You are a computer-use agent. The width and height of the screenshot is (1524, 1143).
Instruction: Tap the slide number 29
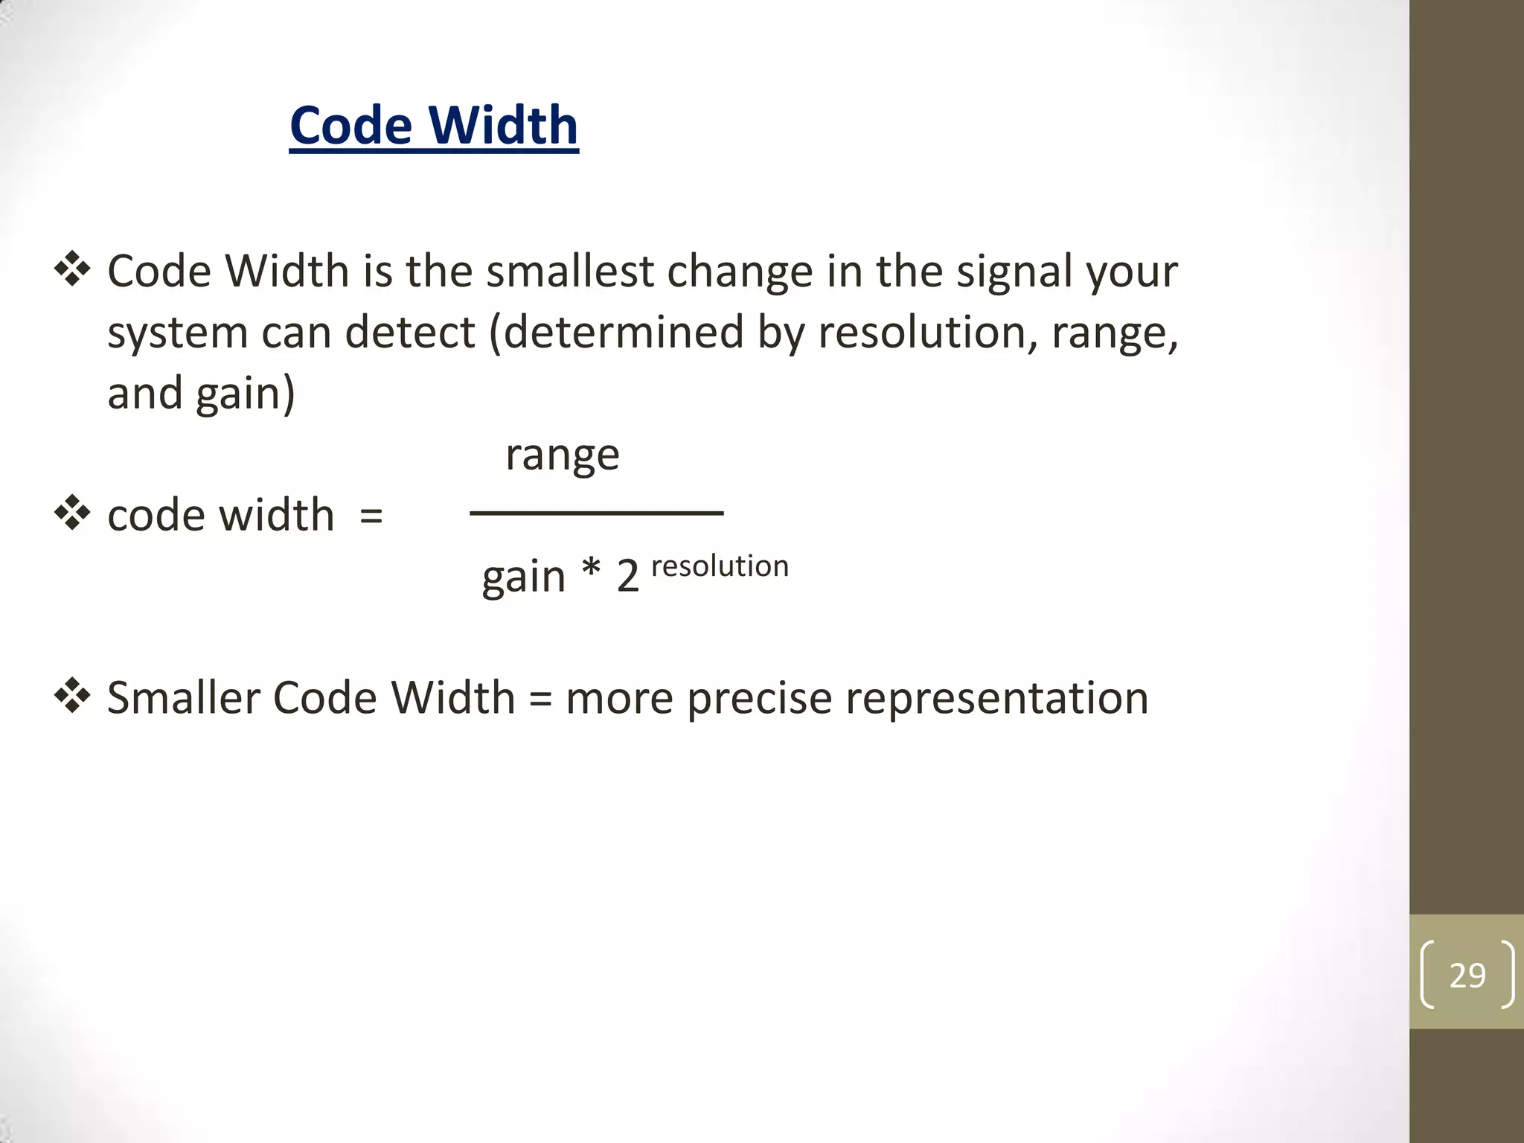pyautogui.click(x=1467, y=975)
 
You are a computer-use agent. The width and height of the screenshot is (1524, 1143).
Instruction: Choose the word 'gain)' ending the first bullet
pyautogui.click(x=246, y=394)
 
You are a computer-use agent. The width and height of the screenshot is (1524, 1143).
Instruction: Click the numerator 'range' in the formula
pyautogui.click(x=562, y=455)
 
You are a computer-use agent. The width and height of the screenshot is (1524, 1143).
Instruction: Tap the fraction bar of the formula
pyautogui.click(x=596, y=513)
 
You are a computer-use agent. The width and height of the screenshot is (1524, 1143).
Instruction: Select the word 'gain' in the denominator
pyautogui.click(x=524, y=577)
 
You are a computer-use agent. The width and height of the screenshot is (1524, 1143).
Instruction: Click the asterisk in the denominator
pyautogui.click(x=591, y=571)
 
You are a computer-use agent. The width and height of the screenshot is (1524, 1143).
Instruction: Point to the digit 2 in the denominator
pyautogui.click(x=628, y=577)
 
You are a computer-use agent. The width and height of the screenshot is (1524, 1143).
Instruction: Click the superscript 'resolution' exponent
pyautogui.click(x=720, y=566)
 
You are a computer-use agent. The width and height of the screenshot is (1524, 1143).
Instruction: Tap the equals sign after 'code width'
pyautogui.click(x=371, y=516)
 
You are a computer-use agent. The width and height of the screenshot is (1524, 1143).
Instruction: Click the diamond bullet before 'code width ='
pyautogui.click(x=72, y=513)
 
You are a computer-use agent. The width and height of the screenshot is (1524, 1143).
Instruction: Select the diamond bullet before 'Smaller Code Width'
pyautogui.click(x=72, y=696)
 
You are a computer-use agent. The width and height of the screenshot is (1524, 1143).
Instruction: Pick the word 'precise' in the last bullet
pyautogui.click(x=758, y=699)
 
